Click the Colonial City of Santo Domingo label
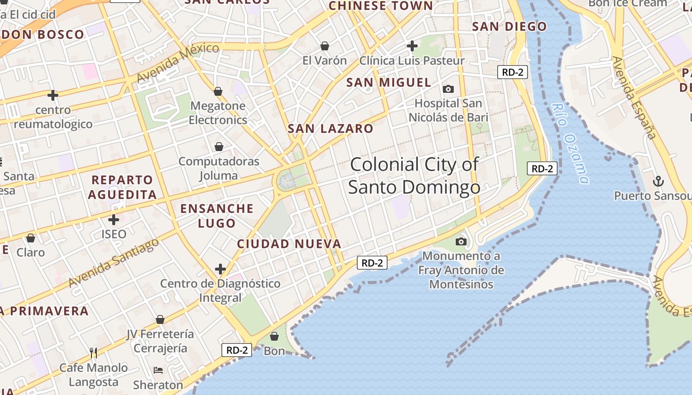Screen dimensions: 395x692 (414, 176)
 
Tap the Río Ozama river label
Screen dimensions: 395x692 (570, 143)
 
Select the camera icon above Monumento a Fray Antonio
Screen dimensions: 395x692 (461, 241)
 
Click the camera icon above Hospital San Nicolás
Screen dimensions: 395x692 (448, 89)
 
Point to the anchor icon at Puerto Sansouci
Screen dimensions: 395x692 (658, 181)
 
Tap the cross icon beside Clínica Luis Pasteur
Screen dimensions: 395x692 (412, 46)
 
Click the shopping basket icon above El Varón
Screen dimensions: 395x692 (325, 46)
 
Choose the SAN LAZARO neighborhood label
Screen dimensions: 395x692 (331, 129)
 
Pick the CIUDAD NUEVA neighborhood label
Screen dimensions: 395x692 (289, 244)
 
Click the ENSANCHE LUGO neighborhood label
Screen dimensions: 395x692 (217, 216)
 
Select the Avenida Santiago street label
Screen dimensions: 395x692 (114, 262)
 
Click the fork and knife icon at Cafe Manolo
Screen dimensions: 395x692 (93, 353)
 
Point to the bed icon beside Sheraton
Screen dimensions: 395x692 (158, 370)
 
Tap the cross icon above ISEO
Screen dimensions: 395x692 (114, 219)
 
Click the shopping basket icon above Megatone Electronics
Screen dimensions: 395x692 (218, 91)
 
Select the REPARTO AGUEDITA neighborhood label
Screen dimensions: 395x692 (122, 187)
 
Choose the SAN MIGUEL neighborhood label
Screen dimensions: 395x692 (389, 82)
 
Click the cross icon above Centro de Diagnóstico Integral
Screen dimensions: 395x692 (220, 269)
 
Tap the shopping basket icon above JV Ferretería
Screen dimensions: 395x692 (160, 319)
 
